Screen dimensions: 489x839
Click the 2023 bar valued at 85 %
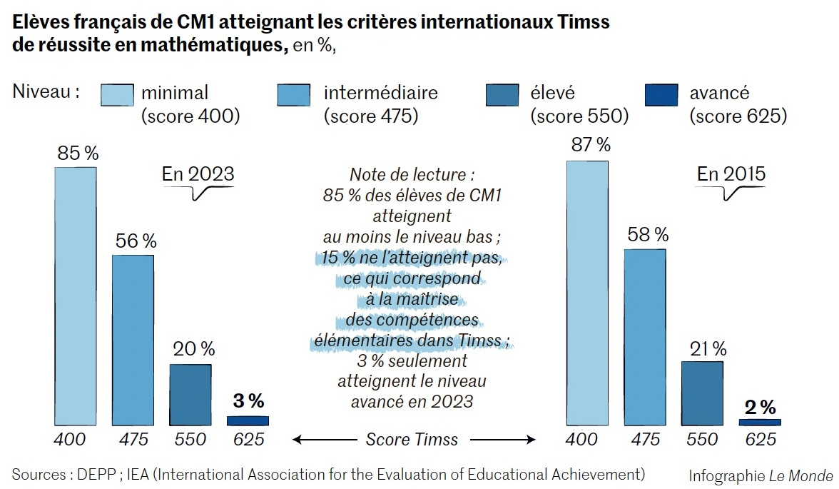pyautogui.click(x=76, y=296)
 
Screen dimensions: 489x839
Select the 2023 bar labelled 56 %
pyautogui.click(x=133, y=340)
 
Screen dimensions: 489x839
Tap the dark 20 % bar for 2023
pyautogui.click(x=190, y=394)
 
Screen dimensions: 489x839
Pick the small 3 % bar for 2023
pyautogui.click(x=248, y=420)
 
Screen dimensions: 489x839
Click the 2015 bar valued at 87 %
pyautogui.click(x=587, y=293)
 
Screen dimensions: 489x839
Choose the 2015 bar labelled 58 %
pyautogui.click(x=645, y=337)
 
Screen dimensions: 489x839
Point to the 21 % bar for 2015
pyautogui.click(x=702, y=393)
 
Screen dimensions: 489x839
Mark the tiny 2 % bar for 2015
pyautogui.click(x=759, y=422)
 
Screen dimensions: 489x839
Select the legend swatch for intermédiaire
pyautogui.click(x=293, y=95)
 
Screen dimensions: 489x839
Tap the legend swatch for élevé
pyautogui.click(x=502, y=95)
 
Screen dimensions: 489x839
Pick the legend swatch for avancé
pyautogui.click(x=661, y=95)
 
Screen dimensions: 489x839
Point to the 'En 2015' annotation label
pyautogui.click(x=731, y=173)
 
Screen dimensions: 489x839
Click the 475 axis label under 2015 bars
pyautogui.click(x=645, y=439)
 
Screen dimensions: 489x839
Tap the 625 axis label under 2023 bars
pyautogui.click(x=248, y=439)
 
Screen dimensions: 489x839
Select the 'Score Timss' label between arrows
pyautogui.click(x=412, y=439)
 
